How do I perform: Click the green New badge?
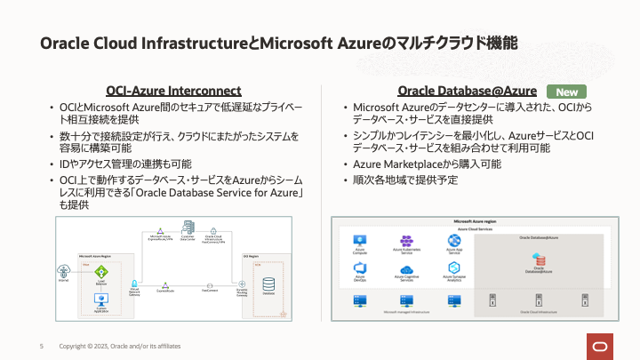566,92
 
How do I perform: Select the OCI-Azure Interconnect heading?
173,91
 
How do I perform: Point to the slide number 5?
41,346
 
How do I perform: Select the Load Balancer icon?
101,271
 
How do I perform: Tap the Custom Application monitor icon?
101,300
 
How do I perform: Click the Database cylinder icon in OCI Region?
268,285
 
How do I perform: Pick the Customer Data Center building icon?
188,228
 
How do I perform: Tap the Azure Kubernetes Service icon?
405,241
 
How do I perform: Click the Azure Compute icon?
362,241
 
